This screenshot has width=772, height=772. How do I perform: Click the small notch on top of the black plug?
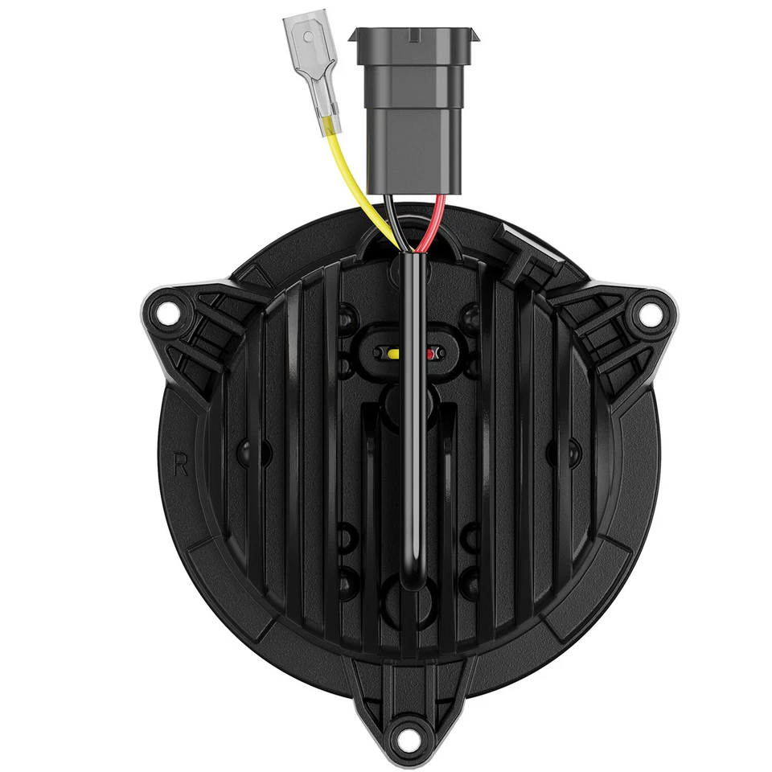click(412, 35)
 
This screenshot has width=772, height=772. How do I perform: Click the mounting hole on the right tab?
click(644, 314)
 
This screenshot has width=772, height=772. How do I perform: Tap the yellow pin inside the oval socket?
click(394, 353)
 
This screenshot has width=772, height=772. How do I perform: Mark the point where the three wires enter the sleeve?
click(413, 254)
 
